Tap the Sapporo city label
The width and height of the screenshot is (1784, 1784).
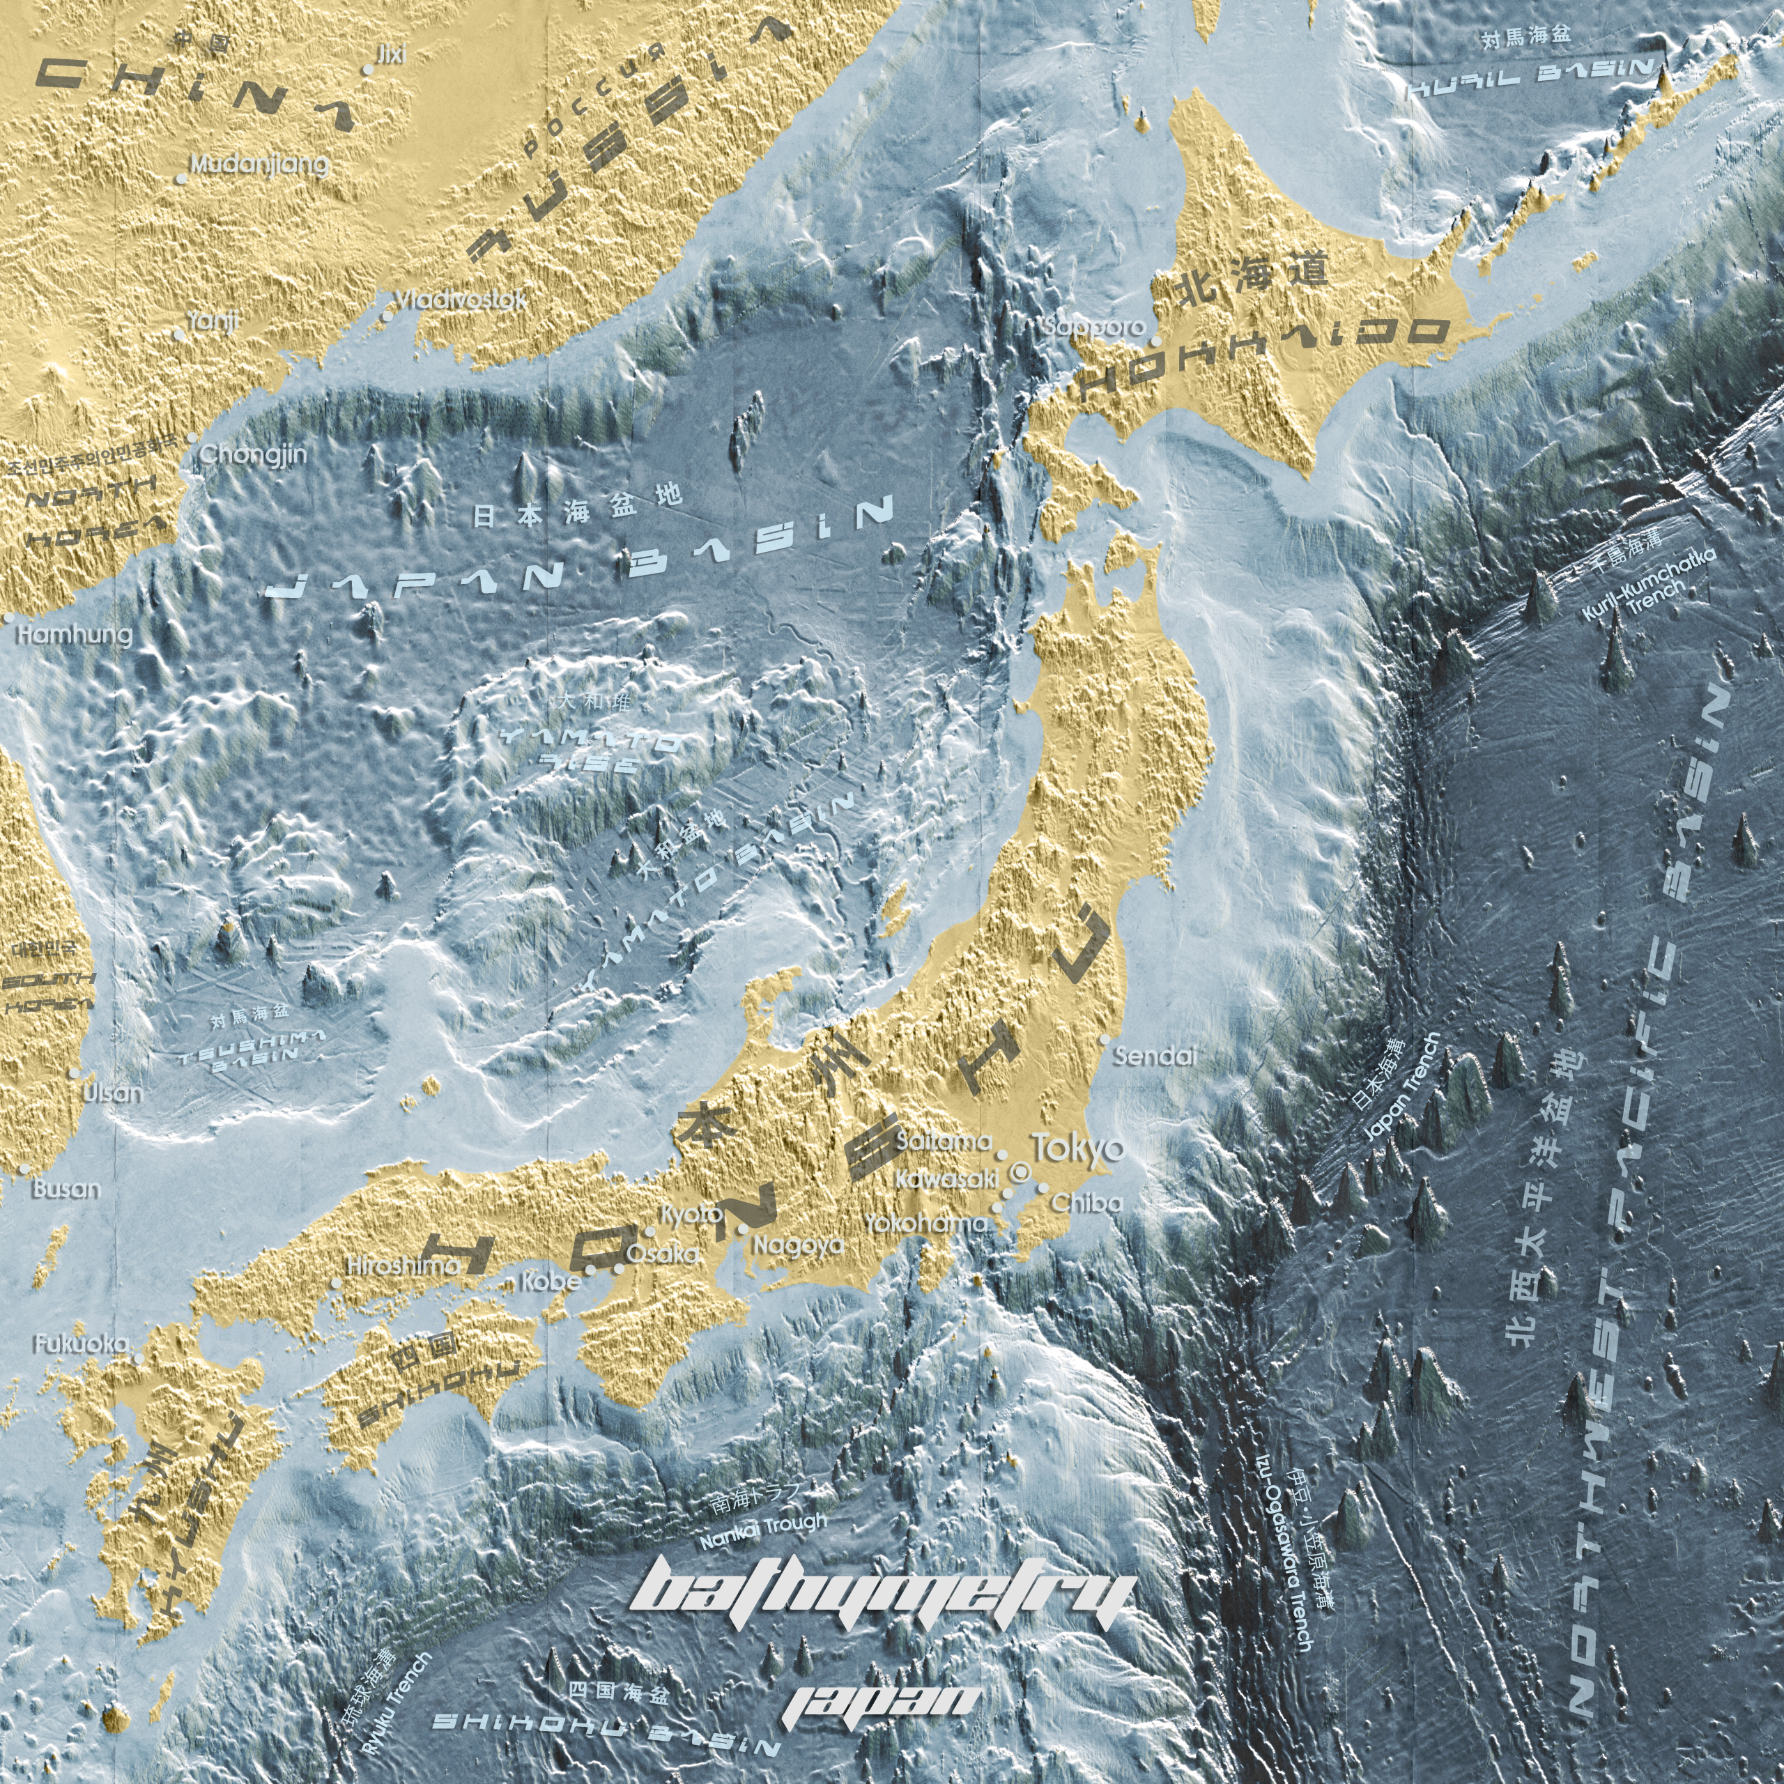point(1093,326)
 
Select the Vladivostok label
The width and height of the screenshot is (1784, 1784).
point(461,300)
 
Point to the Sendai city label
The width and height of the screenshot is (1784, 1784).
point(1154,1057)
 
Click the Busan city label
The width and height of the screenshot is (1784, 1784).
point(66,1188)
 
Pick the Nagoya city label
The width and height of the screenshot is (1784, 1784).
point(798,1245)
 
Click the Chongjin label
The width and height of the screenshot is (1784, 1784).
point(253,454)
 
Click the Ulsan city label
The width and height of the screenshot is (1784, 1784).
point(113,1093)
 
